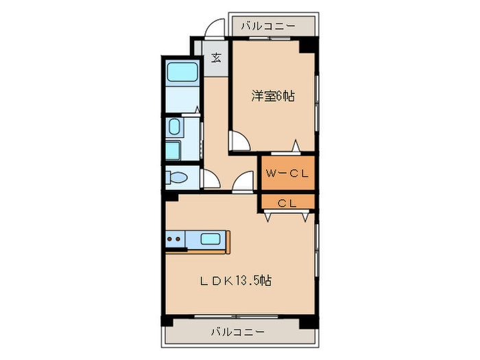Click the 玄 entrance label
(x=216, y=58)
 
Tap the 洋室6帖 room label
(x=272, y=97)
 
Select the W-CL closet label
(x=287, y=174)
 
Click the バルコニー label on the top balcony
(x=268, y=26)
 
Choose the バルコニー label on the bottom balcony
(x=237, y=332)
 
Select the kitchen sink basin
(x=211, y=239)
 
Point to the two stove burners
(x=174, y=239)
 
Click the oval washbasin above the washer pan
(x=174, y=126)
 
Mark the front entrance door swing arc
(x=215, y=28)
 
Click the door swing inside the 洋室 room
(x=240, y=141)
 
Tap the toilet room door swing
(x=211, y=179)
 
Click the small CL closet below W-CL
(x=287, y=202)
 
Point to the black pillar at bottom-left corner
(x=166, y=321)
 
